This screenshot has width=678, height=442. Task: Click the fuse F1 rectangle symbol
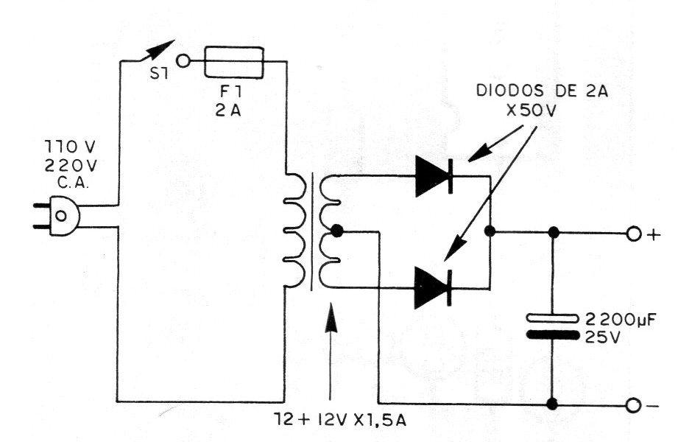(x=233, y=63)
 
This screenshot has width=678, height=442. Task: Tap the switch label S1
(x=159, y=74)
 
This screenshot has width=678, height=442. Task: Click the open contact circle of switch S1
(x=184, y=61)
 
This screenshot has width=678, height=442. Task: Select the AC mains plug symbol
(x=57, y=216)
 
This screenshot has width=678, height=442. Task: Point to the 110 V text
(x=70, y=148)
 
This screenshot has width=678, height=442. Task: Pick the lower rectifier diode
(x=433, y=287)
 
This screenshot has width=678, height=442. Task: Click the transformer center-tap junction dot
(x=336, y=231)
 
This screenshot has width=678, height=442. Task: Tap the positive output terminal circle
(x=632, y=234)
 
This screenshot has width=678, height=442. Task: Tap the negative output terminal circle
(x=632, y=406)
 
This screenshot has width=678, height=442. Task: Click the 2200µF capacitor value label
(x=621, y=320)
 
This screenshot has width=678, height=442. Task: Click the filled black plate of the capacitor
(x=552, y=335)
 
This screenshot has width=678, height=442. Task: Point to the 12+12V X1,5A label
(x=340, y=419)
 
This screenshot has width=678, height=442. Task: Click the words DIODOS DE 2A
(x=543, y=91)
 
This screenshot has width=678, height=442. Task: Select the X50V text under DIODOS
(x=532, y=110)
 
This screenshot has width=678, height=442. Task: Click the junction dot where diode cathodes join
(x=490, y=231)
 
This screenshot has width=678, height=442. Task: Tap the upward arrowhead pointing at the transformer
(x=331, y=318)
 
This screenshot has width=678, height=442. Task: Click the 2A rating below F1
(x=228, y=111)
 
